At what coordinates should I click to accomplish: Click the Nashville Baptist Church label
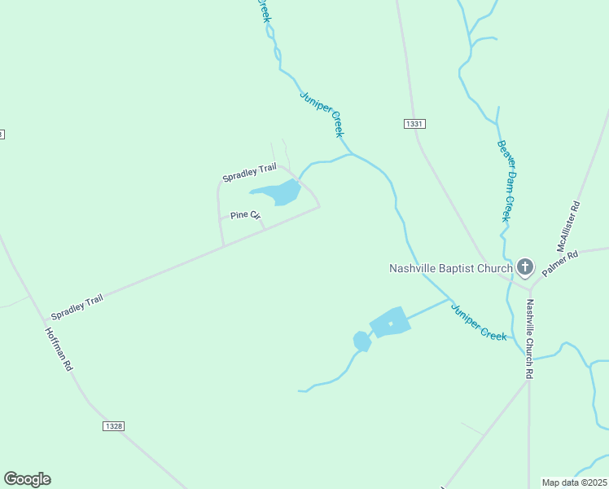[x=450, y=267]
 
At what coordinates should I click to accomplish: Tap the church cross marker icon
[x=525, y=267]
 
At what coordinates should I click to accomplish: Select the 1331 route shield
[x=414, y=123]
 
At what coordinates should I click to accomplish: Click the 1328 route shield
[x=114, y=426]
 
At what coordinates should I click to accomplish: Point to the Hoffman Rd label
[x=59, y=350]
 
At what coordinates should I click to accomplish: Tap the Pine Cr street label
[x=244, y=215]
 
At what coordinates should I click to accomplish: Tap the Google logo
[x=27, y=479]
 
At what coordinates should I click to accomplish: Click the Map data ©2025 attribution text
[x=575, y=482]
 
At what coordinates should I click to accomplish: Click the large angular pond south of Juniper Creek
[x=389, y=322]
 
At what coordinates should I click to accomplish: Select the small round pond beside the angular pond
[x=361, y=341]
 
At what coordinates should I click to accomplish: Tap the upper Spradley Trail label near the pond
[x=249, y=172]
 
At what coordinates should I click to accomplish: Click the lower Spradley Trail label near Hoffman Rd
[x=77, y=307]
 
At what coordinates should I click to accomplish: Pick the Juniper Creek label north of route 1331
[x=322, y=112]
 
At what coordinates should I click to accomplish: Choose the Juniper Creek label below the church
[x=479, y=321]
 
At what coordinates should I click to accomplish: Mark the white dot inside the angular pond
[x=391, y=324]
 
